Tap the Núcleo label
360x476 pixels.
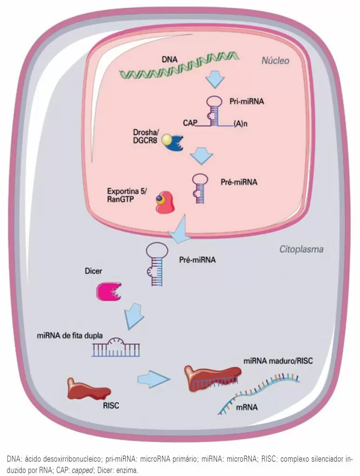[275, 61]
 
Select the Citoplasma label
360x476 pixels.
[301, 250]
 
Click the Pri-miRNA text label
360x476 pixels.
[247, 101]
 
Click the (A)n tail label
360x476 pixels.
[241, 125]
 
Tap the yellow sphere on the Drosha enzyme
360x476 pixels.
[166, 139]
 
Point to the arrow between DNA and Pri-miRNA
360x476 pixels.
[215, 80]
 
